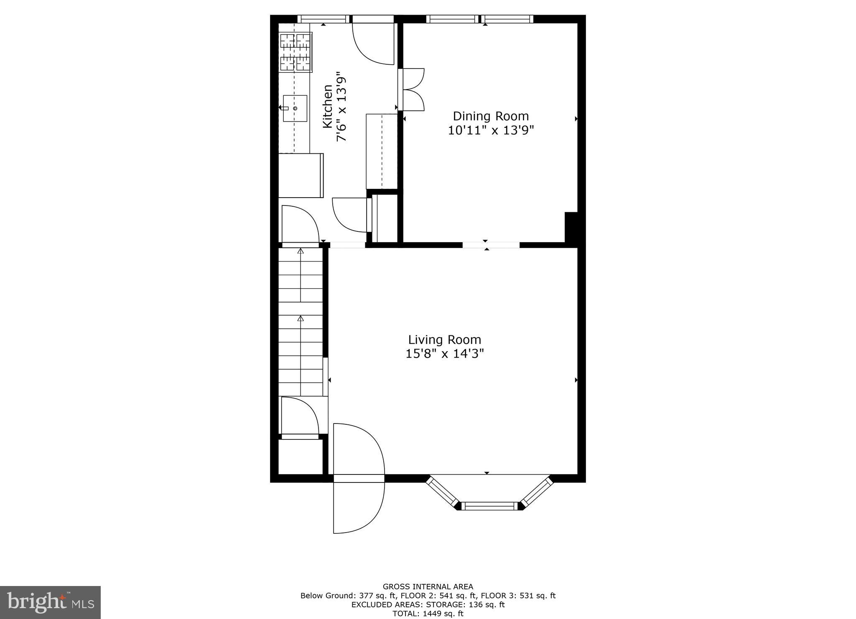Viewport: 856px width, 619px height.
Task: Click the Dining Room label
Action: point(491,116)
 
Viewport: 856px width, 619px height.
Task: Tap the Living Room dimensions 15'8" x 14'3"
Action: point(445,354)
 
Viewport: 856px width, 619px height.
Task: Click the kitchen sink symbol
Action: point(295,109)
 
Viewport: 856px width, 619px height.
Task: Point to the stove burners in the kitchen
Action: point(296,52)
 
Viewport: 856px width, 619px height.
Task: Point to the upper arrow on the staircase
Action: point(301,251)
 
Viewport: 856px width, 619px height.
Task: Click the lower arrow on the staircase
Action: point(301,319)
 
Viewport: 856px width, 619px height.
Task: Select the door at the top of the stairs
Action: point(300,224)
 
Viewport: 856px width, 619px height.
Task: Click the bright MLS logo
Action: point(50,602)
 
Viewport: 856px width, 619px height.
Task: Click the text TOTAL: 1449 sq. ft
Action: point(428,614)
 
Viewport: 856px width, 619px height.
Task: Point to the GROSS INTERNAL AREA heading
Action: point(428,586)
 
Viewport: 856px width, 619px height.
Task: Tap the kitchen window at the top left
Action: point(324,19)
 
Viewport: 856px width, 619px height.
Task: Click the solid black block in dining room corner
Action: point(571,227)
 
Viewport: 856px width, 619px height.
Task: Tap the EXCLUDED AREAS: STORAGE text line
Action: point(428,604)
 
